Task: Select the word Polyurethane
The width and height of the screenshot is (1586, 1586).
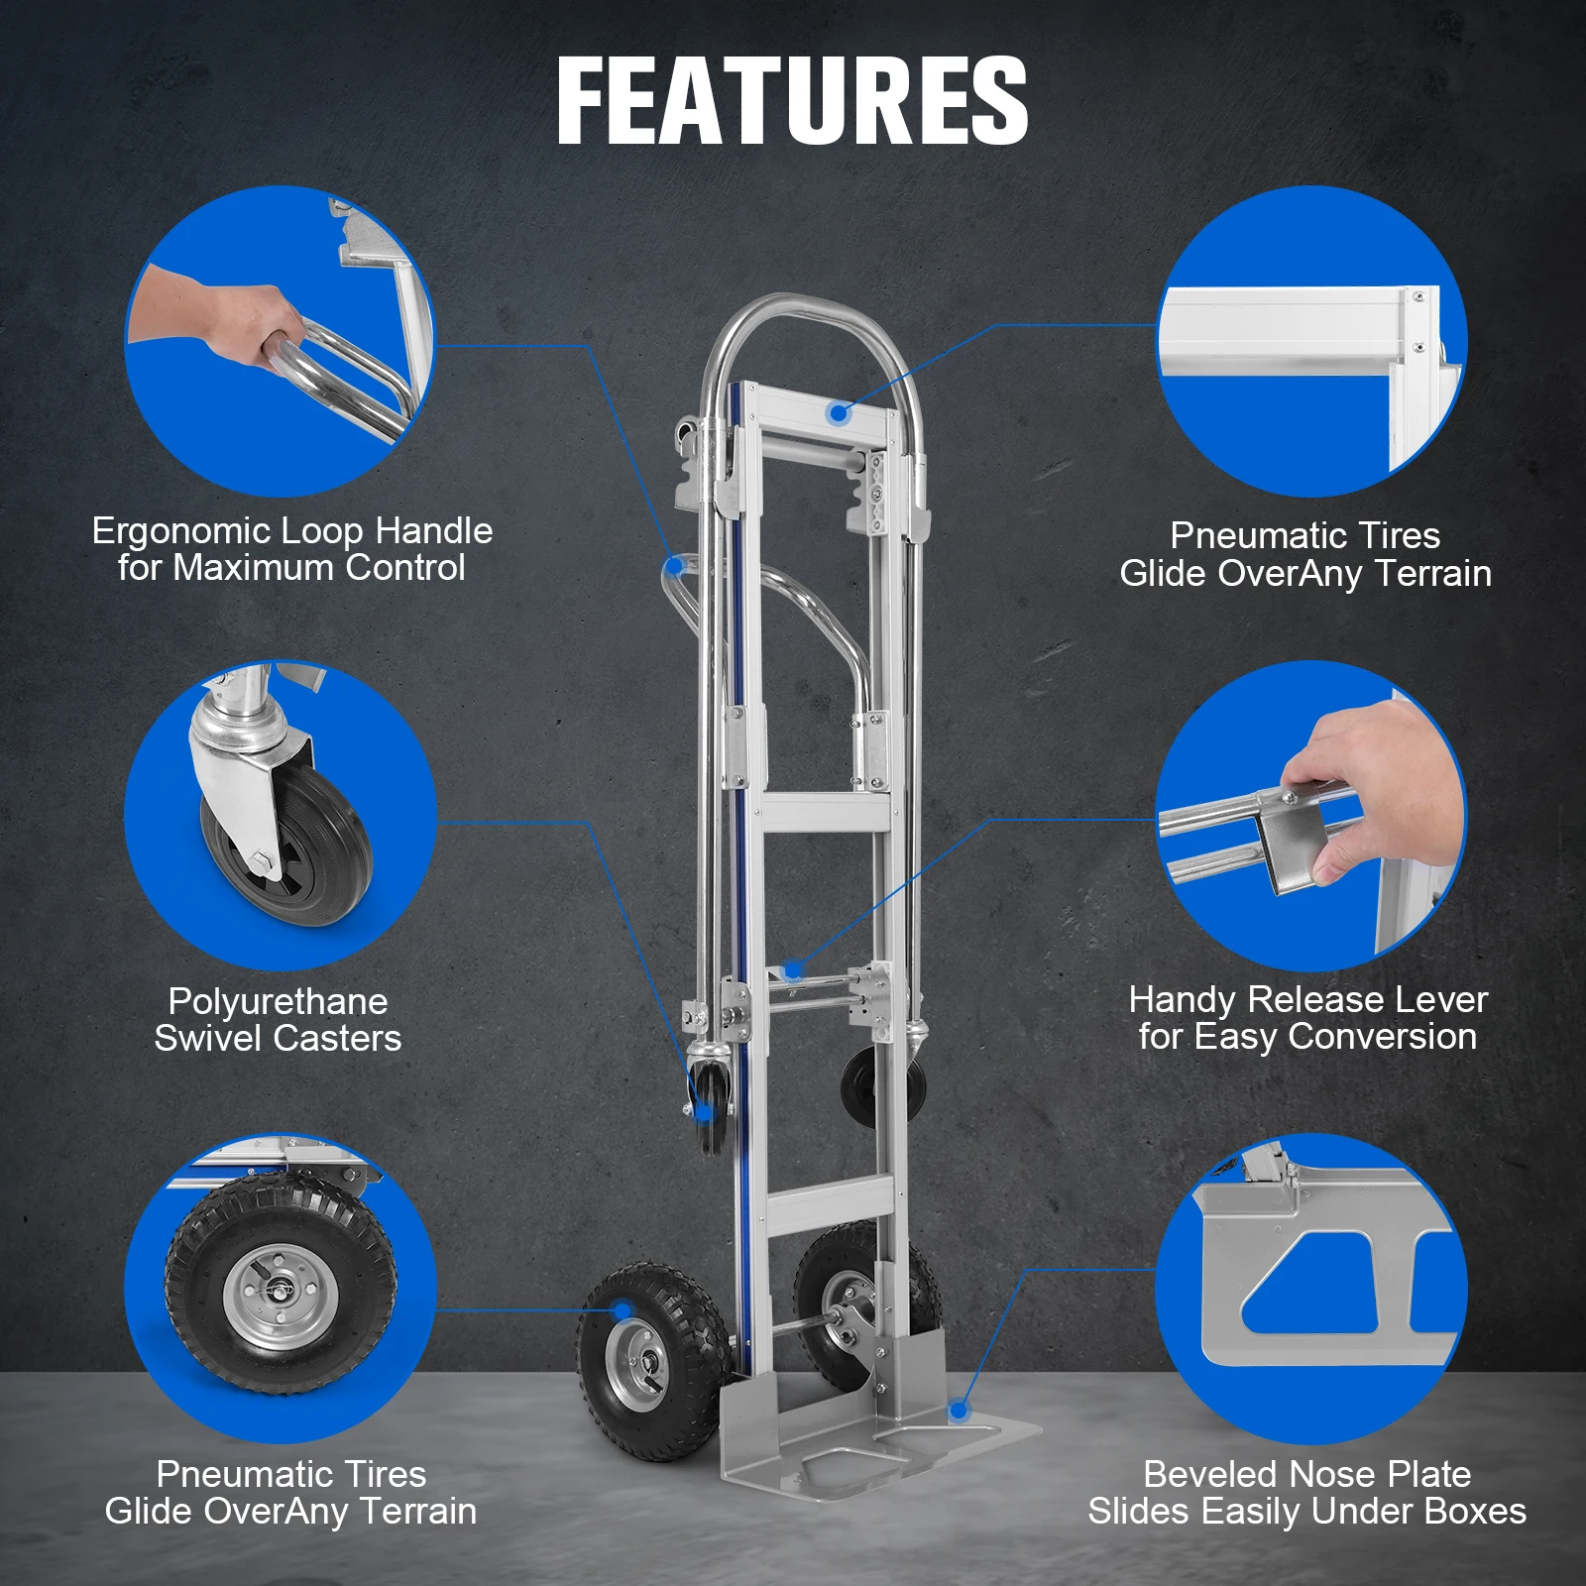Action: click(278, 1001)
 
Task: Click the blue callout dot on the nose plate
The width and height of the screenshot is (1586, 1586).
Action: click(959, 1410)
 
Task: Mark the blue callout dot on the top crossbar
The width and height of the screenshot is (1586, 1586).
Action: click(839, 412)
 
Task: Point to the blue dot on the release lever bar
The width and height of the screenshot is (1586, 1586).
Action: click(792, 969)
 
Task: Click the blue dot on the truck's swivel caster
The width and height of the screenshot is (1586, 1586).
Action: click(705, 1112)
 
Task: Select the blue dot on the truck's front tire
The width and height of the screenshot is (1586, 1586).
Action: click(623, 1310)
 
